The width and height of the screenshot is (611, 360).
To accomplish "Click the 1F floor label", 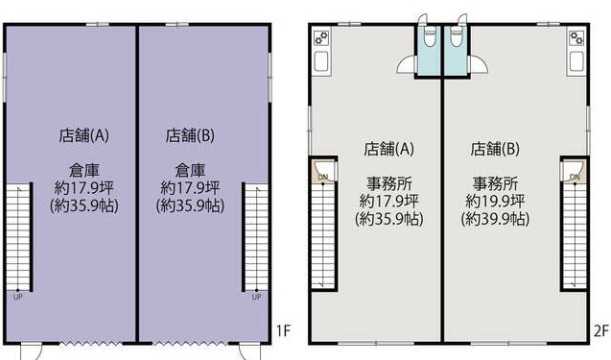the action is [283, 330].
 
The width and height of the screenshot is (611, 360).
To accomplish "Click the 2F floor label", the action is [601, 330].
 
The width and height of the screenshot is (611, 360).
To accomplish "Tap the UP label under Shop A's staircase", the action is [18, 297].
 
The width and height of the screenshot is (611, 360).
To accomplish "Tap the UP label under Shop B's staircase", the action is [256, 297].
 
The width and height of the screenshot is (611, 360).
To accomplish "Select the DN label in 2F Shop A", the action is [323, 177].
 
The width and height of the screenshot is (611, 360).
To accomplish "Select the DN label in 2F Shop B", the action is [575, 177].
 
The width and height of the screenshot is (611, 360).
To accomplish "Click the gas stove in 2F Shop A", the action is [321, 38].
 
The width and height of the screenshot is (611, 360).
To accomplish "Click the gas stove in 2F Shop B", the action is [576, 38].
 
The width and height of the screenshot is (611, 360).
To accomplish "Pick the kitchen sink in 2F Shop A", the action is [321, 62].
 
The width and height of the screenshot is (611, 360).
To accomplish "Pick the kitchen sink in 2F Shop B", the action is [577, 62].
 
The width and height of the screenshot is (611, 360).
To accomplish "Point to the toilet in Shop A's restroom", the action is [429, 37].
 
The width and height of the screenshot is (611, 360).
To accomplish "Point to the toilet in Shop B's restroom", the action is [456, 37].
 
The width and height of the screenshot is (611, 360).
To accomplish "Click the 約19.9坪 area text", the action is [495, 201].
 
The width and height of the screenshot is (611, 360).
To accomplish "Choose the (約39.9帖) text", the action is [495, 219].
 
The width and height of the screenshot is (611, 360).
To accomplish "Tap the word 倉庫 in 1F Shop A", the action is [84, 170].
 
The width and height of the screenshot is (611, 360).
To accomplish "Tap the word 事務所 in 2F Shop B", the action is [495, 183].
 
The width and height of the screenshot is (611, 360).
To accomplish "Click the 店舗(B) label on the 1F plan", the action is [190, 136].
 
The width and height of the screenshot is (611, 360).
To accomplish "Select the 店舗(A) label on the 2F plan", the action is [388, 149].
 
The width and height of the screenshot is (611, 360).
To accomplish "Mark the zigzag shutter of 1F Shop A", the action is [91, 344].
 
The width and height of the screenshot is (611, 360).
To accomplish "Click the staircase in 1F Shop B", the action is [256, 237].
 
